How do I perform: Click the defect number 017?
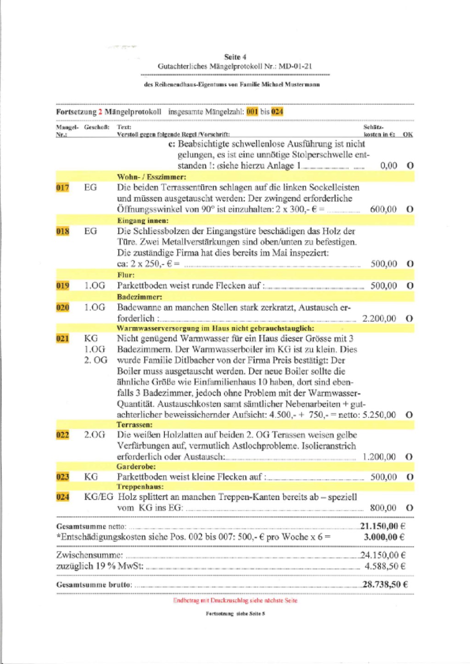coord(62,187)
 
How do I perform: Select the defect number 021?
coord(62,338)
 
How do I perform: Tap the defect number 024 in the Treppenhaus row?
coord(62,497)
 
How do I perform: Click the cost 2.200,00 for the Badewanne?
coord(379,318)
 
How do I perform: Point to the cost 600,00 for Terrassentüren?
coord(383,209)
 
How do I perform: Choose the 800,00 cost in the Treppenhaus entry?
coord(383,508)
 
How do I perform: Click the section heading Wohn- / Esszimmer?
coord(151,177)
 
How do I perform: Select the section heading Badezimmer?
coord(139,297)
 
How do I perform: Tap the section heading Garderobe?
coord(136,467)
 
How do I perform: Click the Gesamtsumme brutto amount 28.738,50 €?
coord(385,585)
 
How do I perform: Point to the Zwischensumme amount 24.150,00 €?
coord(383,555)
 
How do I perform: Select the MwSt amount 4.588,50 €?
coord(385,566)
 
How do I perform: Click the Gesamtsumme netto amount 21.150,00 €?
coord(383,526)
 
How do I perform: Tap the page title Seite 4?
coord(235,57)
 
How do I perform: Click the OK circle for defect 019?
coord(410,286)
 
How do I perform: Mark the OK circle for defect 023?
coord(410,477)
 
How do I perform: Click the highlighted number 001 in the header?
coord(252,112)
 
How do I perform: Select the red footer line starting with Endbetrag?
coord(235,601)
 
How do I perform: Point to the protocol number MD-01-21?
coord(295,66)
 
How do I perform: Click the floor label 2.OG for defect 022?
coord(94,434)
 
